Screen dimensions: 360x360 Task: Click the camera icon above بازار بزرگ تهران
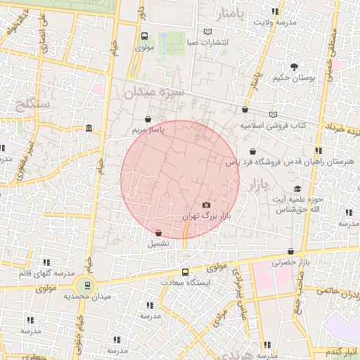click(205, 205)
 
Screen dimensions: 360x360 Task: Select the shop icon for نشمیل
click(157, 232)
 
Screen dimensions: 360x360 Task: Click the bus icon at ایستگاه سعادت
click(185, 272)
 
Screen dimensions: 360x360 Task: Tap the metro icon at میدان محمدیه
click(84, 285)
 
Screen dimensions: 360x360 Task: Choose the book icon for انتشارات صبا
click(207, 32)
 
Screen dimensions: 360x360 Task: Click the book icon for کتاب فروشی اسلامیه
click(273, 115)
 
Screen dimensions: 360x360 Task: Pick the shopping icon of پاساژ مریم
click(147, 120)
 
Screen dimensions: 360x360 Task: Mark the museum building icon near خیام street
click(89, 129)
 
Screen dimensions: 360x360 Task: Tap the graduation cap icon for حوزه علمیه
click(297, 190)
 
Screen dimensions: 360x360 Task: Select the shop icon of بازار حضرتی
click(290, 251)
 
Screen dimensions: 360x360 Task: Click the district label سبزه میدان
click(154, 92)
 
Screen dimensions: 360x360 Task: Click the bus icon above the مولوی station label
click(144, 37)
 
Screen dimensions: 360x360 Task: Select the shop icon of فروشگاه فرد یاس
click(252, 151)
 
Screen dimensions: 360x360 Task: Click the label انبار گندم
click(335, 350)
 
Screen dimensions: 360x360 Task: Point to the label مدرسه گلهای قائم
click(33, 272)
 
